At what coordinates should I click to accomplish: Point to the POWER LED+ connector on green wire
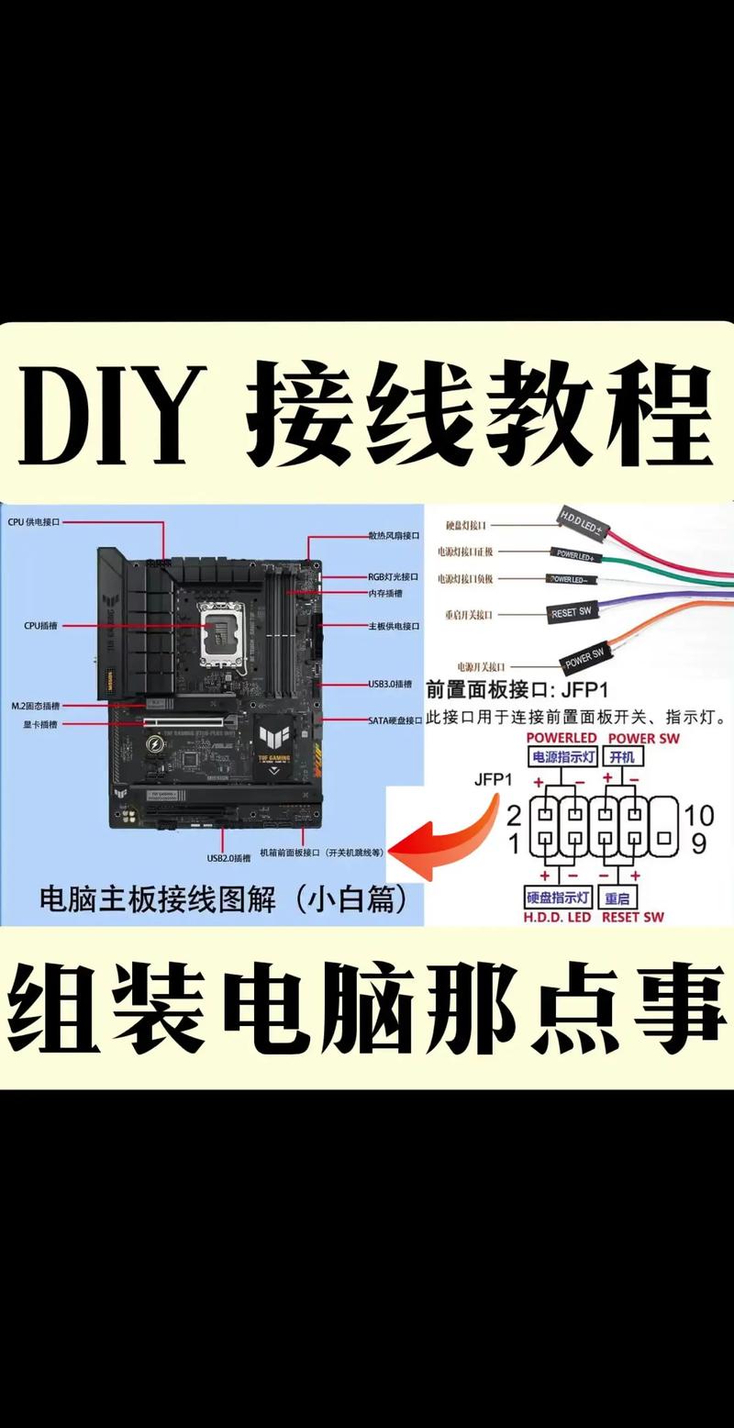tap(575, 554)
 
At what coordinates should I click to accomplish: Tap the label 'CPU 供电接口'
tap(33, 521)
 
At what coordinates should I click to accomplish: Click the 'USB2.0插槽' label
tap(228, 858)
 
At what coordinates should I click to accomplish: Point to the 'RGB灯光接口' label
tap(393, 576)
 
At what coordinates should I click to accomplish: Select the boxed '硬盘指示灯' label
tap(558, 897)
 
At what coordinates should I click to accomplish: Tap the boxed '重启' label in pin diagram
tap(618, 897)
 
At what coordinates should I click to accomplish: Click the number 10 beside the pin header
tap(699, 814)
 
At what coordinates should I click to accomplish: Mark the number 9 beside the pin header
tap(699, 842)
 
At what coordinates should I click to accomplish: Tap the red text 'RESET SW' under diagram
tap(632, 917)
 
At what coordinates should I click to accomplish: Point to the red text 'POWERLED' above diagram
tap(561, 737)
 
